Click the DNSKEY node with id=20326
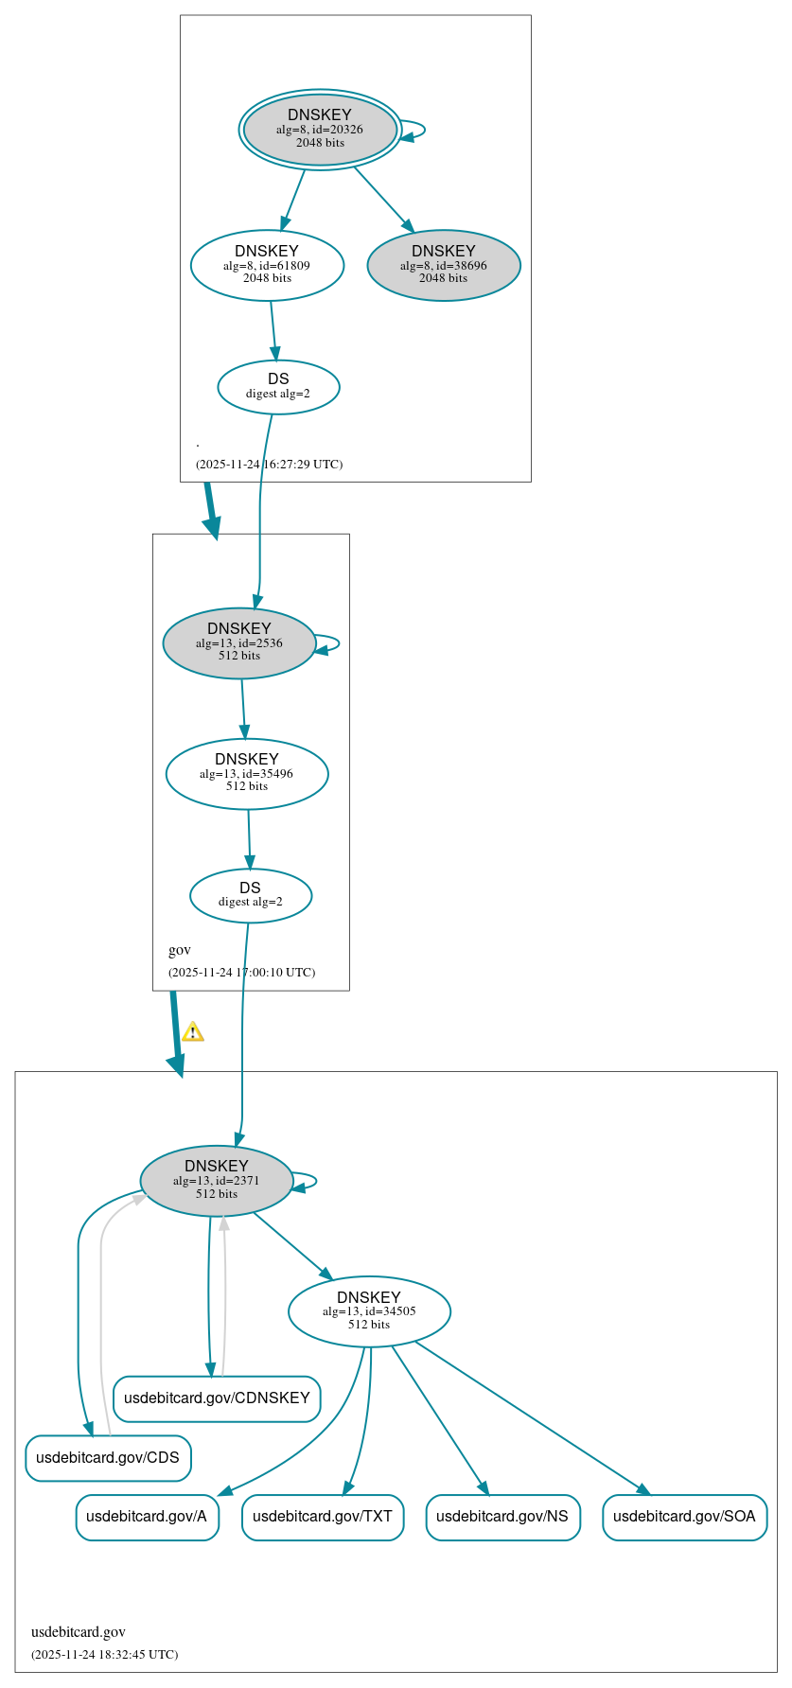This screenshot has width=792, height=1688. coord(320,130)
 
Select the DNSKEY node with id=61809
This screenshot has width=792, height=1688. coord(267,266)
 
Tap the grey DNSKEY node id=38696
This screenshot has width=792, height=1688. coord(443,266)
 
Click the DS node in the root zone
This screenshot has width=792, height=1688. coord(278,387)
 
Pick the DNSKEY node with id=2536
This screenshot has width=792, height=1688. coord(238,643)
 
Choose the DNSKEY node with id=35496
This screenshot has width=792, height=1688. coord(247,774)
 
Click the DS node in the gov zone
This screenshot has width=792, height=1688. coord(250,895)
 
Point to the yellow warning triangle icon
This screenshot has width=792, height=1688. coord(193,1031)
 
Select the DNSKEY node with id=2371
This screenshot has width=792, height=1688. coord(216,1181)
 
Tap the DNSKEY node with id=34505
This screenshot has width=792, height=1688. coord(369,1311)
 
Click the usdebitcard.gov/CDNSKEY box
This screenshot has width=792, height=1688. coord(217,1398)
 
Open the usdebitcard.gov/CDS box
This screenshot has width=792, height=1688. coord(108,1458)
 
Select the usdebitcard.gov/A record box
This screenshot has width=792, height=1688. coord(147,1517)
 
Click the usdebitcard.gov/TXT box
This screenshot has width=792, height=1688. coord(323,1517)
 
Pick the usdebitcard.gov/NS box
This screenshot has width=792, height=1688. coord(502,1517)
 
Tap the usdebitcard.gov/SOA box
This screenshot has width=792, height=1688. coord(684,1517)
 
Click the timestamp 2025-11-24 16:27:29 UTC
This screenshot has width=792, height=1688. coord(269,465)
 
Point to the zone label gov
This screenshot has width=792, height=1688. coord(180,950)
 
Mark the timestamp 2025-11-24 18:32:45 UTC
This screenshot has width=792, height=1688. coord(104,1655)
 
